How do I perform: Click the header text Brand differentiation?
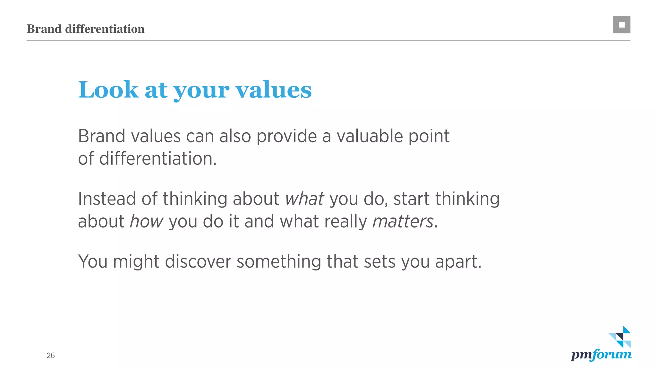85,29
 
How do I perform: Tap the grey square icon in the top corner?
621,25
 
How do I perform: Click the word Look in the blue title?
108,90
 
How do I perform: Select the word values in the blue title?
274,90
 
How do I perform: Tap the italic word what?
304,199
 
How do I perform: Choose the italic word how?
146,221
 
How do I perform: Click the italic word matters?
403,221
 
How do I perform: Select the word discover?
198,261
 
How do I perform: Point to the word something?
279,261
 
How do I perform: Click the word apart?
458,261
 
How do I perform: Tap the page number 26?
51,356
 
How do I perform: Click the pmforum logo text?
601,355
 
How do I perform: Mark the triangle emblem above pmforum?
620,337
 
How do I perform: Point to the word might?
136,261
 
